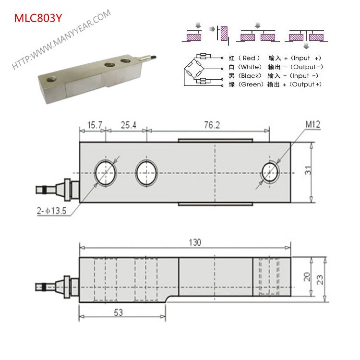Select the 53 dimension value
pyautogui.click(x=118, y=312)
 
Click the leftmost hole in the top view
pyautogui.click(x=106, y=172)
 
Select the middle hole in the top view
pyautogui.click(x=147, y=172)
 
